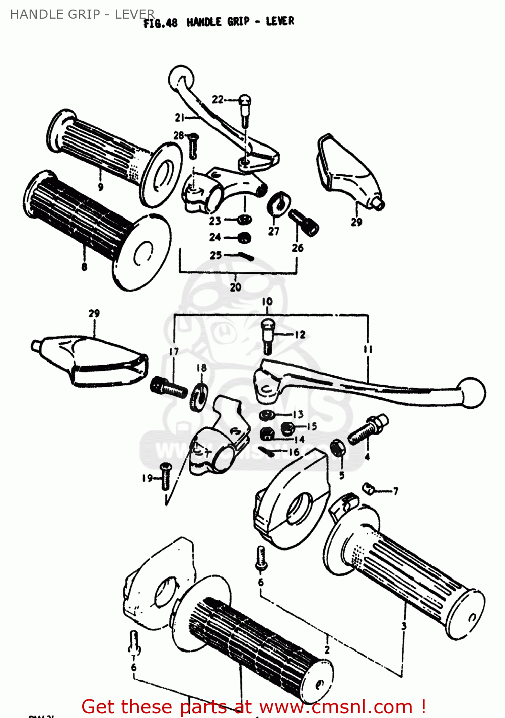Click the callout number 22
click(218, 100)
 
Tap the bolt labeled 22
click(245, 108)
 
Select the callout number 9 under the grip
click(100, 187)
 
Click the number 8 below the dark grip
click(84, 267)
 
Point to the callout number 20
click(235, 287)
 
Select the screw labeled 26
click(304, 223)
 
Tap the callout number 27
click(274, 231)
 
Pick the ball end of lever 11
click(472, 393)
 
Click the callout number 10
click(267, 302)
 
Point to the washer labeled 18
click(198, 396)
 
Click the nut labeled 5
click(338, 449)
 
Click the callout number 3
click(404, 626)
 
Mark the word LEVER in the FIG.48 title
click(280, 21)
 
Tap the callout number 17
click(174, 352)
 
